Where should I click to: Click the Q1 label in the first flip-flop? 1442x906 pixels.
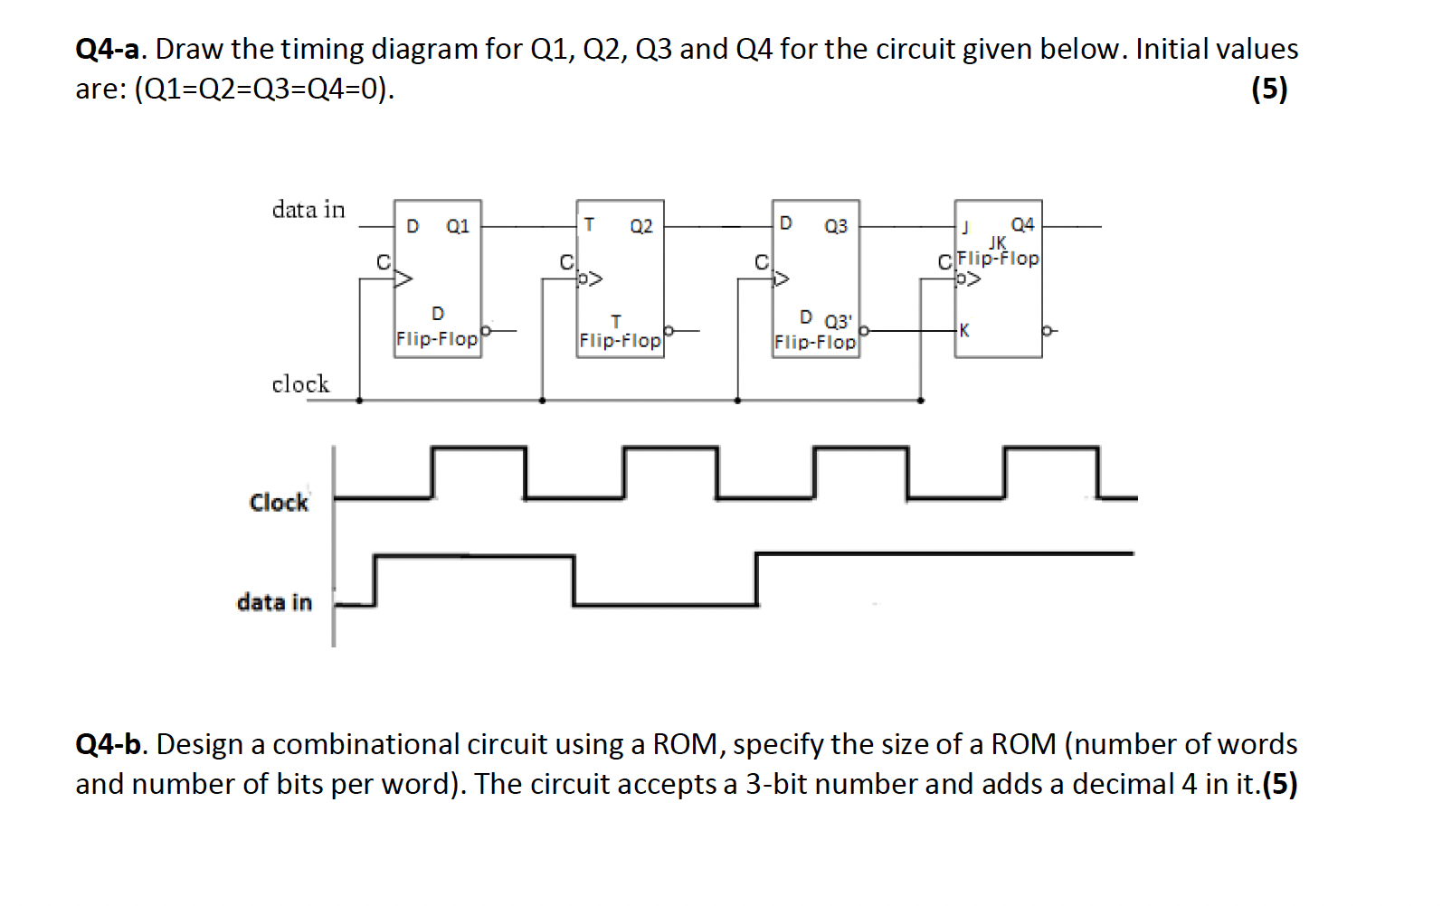(458, 226)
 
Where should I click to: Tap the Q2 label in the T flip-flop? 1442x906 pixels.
(640, 226)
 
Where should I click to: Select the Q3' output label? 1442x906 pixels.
(838, 321)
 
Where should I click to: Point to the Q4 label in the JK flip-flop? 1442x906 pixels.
(1022, 224)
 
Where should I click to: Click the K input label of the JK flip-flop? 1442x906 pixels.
(964, 331)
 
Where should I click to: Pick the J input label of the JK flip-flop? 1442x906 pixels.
(964, 227)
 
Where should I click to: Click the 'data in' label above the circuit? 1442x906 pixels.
(308, 210)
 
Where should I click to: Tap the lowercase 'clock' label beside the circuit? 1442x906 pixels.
(300, 384)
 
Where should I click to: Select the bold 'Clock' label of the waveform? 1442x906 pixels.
(279, 503)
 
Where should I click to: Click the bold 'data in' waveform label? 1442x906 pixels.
(274, 602)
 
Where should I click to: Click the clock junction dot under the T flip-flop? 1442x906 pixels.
(542, 400)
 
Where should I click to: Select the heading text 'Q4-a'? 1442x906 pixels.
(109, 49)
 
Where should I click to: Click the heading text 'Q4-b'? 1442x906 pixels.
(109, 744)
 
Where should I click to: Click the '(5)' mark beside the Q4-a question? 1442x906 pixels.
(1269, 89)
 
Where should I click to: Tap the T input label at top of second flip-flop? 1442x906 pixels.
(589, 223)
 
